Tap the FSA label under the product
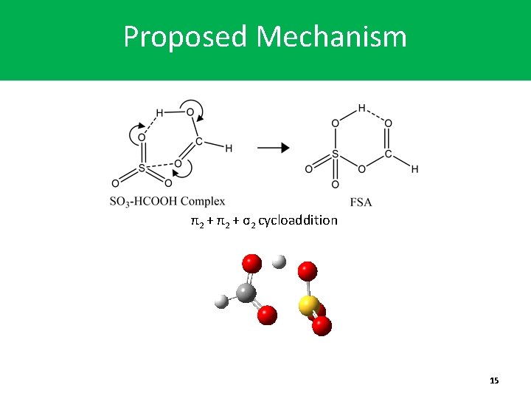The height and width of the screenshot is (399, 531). coord(361,202)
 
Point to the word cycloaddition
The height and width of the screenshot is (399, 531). coord(298,220)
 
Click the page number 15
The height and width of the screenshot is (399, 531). coord(494,380)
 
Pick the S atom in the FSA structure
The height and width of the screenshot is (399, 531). coord(335,155)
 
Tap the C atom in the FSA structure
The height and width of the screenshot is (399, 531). coord(388,155)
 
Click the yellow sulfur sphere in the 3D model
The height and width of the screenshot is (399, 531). coord(309,304)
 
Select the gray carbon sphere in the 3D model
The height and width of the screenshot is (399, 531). coord(246,293)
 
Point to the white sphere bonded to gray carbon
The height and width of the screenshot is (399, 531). coord(221,301)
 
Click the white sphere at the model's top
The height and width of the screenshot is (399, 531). coord(279,262)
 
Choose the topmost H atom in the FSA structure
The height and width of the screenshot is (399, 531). coord(361,108)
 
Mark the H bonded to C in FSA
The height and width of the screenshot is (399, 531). coord(414,169)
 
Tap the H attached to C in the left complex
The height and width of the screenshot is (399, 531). coord(229,149)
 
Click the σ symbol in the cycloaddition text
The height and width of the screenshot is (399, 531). coord(243,220)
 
